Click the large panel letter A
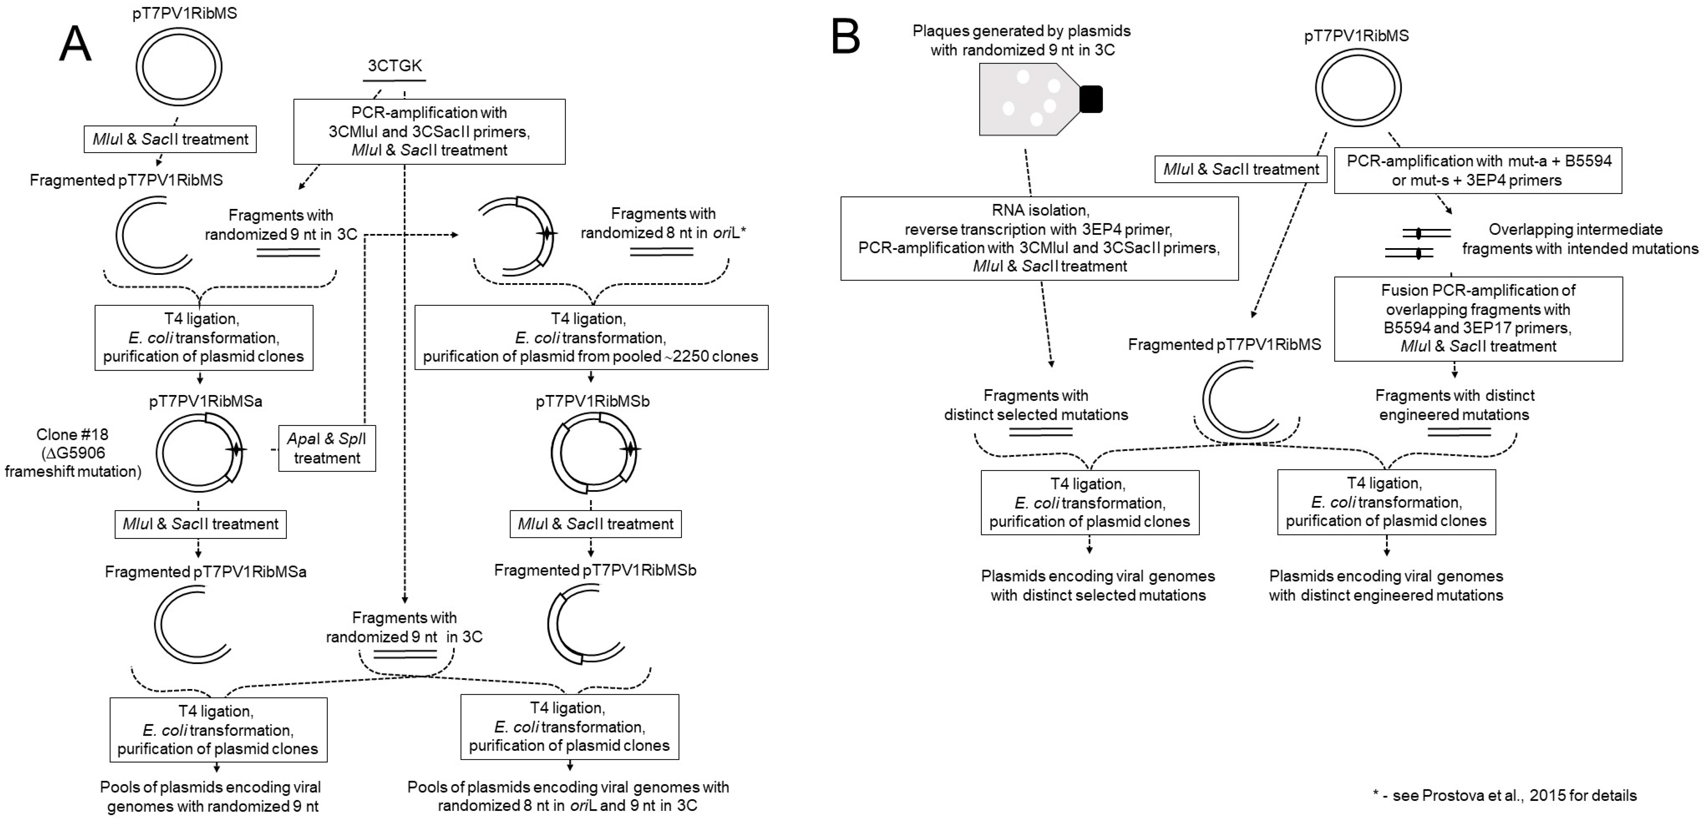(75, 45)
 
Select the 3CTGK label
(395, 66)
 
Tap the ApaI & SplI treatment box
(327, 448)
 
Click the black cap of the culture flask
(1091, 99)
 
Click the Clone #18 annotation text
(73, 453)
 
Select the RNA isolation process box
(1039, 238)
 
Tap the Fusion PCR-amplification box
(1478, 318)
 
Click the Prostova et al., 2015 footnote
(1504, 795)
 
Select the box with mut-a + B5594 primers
(1478, 170)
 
